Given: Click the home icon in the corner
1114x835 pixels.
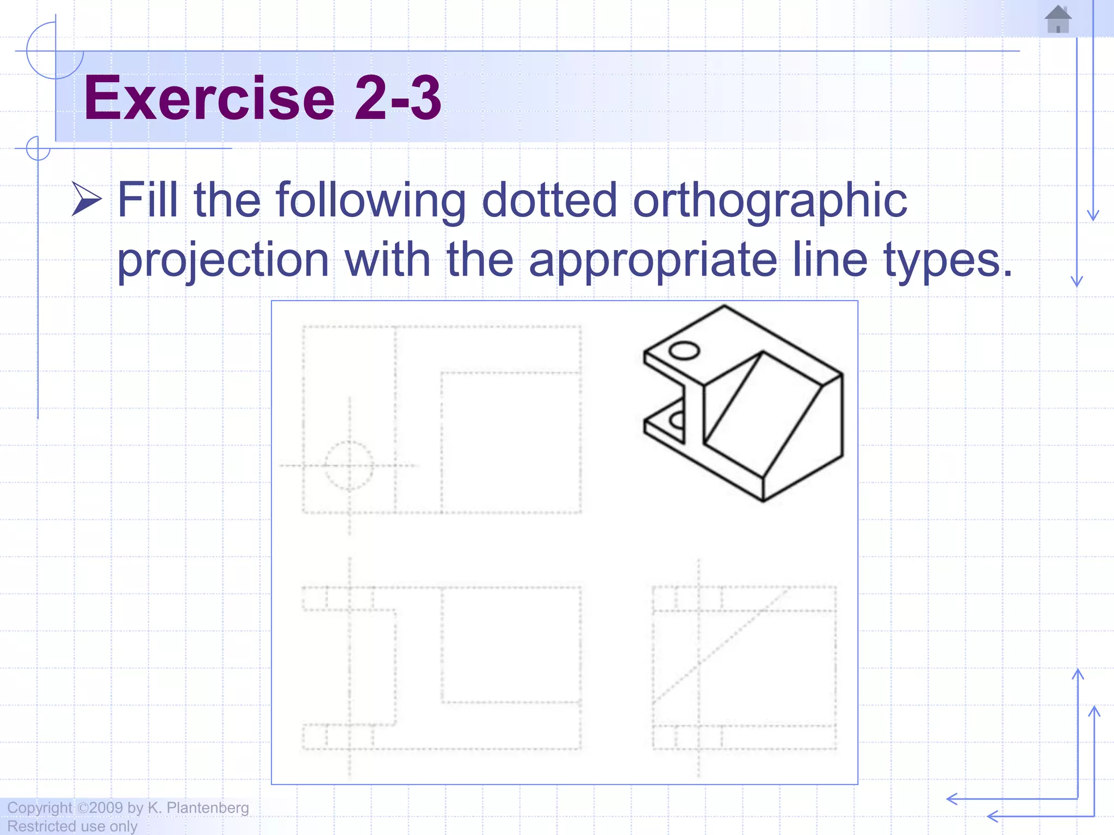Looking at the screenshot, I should point(1058,20).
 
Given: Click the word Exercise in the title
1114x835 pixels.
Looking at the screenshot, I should point(209,98).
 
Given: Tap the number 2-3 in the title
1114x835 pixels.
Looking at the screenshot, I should point(398,98).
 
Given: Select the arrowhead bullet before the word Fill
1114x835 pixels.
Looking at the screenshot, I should point(86,199).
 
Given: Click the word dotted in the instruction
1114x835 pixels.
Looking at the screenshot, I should point(549,200).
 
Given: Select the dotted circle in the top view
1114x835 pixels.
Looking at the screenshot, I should point(349,465).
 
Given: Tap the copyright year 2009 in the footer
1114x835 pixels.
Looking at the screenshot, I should point(106,808).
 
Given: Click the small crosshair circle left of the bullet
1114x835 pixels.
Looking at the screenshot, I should point(38,148).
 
